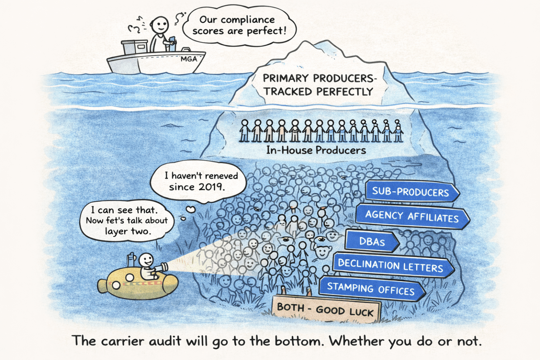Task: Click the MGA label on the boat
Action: click(x=189, y=59)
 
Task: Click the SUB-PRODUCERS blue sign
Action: click(x=410, y=191)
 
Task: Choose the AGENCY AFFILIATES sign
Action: click(x=412, y=216)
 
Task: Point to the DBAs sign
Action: click(x=372, y=241)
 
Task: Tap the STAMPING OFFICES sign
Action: click(x=371, y=289)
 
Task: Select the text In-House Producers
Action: click(x=316, y=150)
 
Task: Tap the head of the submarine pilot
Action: click(x=146, y=260)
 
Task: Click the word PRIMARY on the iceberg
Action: click(x=286, y=78)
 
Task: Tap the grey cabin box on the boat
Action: click(x=135, y=47)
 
